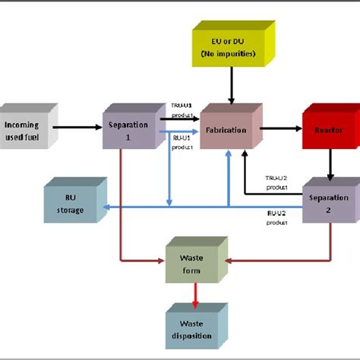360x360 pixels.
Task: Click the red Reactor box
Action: (x=328, y=130)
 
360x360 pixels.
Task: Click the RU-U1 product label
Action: (x=180, y=142)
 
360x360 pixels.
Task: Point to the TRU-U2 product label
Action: (x=275, y=179)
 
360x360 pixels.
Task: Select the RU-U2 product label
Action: (x=275, y=218)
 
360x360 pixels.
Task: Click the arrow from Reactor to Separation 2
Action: (x=330, y=163)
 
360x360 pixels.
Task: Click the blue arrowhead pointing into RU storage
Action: (x=106, y=206)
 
